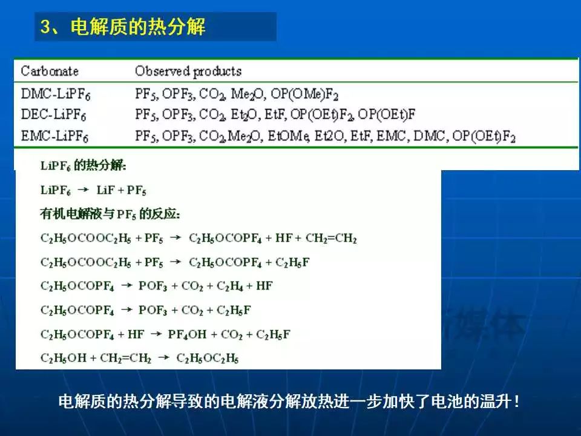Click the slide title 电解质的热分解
(138, 27)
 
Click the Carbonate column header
(50, 71)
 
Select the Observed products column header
(188, 71)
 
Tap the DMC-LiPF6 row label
(56, 94)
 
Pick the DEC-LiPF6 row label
(53, 114)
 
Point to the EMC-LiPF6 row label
(54, 136)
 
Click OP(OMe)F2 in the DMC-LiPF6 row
(304, 94)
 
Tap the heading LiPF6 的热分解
(83, 165)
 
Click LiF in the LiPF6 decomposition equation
(105, 190)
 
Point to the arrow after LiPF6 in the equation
(84, 190)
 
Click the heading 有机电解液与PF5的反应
(110, 214)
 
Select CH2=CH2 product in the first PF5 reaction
(331, 238)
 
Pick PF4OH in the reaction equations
(187, 334)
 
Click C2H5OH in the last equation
(64, 358)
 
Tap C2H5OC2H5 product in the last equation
(208, 358)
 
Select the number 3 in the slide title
(45, 27)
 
